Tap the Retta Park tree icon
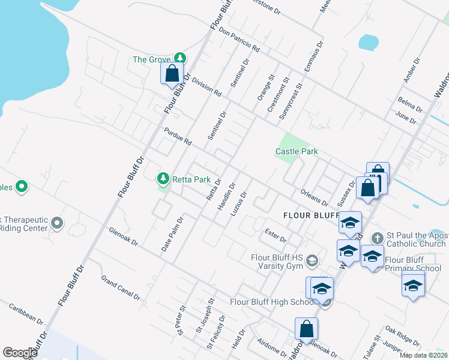(163, 178)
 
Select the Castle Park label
(297, 152)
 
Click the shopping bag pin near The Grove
(172, 74)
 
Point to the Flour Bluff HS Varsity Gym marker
(312, 260)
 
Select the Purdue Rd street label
(178, 136)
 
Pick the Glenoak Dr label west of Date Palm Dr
(124, 236)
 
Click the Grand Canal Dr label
(121, 289)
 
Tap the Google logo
(20, 353)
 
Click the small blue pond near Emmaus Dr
(368, 42)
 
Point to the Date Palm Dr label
(172, 234)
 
